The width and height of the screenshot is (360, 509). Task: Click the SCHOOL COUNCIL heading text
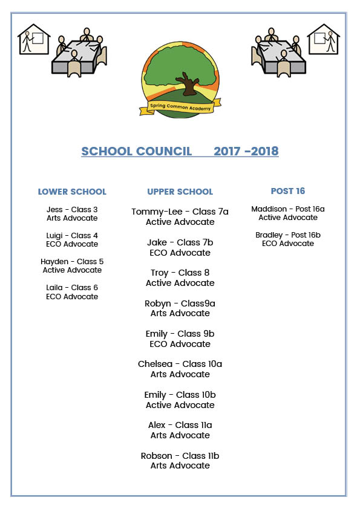tap(137, 151)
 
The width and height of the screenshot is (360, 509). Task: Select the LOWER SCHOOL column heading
tap(72, 192)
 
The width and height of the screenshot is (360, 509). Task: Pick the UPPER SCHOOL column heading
tap(180, 192)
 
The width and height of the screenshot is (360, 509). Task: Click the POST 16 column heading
tap(288, 191)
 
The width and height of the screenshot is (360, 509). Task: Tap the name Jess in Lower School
tap(55, 210)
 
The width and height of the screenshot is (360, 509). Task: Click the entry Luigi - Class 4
tap(72, 235)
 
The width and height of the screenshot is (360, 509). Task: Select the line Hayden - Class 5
tap(72, 261)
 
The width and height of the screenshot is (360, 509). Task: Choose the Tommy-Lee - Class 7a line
tap(180, 212)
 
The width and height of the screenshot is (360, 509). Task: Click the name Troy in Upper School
tap(160, 273)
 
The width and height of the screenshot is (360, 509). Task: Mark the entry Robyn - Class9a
tap(180, 303)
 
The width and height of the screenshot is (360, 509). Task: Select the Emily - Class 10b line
tap(180, 395)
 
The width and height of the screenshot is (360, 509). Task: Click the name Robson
tap(156, 456)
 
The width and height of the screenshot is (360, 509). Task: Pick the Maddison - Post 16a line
tap(288, 209)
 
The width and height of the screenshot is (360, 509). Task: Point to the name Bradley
tap(269, 235)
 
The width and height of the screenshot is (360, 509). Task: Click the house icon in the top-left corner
tap(33, 40)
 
